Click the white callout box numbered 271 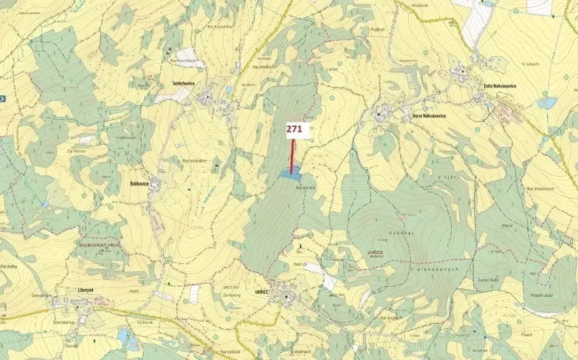point(294,129)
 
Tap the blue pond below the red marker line point(290,175)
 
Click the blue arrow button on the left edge point(3,98)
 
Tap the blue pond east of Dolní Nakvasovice point(547,102)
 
